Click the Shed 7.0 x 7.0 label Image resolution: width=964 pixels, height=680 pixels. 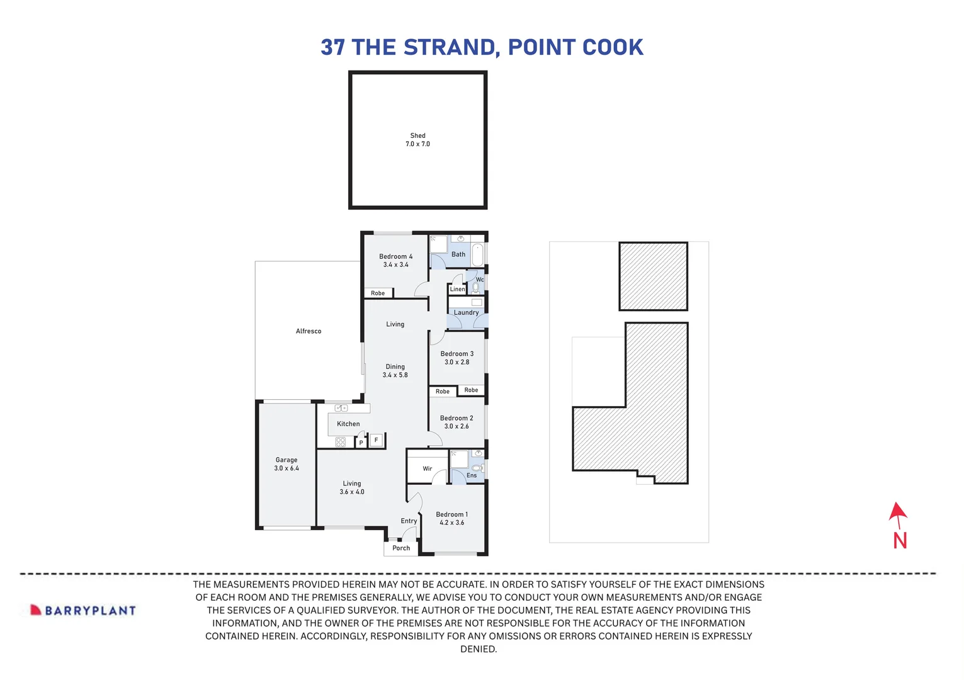click(417, 140)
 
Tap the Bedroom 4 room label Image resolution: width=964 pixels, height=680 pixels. click(395, 257)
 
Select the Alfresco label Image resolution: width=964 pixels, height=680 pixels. click(309, 331)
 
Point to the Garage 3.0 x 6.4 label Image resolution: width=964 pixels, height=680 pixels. click(286, 464)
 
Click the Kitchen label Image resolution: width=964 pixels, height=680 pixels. click(348, 424)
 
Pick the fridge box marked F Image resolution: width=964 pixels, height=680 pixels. click(377, 440)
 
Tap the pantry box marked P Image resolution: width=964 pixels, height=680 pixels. click(361, 443)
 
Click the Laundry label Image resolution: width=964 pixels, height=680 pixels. click(466, 312)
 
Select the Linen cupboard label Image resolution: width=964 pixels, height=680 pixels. click(457, 289)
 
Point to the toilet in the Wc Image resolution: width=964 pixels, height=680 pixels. click(476, 288)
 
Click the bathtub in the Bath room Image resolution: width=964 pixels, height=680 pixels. click(478, 255)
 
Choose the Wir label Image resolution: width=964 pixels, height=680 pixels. click(428, 468)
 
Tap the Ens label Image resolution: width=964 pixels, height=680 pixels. click(472, 475)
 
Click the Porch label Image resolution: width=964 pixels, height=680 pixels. click(401, 548)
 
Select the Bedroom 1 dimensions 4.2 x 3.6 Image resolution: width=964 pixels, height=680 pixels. click(451, 523)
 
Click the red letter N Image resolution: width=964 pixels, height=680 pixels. click(900, 541)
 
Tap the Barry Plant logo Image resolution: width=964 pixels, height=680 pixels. click(83, 610)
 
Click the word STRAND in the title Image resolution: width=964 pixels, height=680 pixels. click(450, 47)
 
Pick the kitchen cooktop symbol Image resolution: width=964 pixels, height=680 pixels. click(341, 442)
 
